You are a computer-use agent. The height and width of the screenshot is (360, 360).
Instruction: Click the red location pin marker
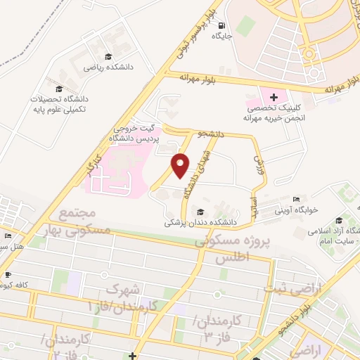click(x=181, y=165)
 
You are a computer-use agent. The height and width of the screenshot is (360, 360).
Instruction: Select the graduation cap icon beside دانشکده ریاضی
click(x=107, y=56)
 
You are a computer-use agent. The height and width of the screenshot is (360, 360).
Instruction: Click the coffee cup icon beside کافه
click(x=8, y=275)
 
